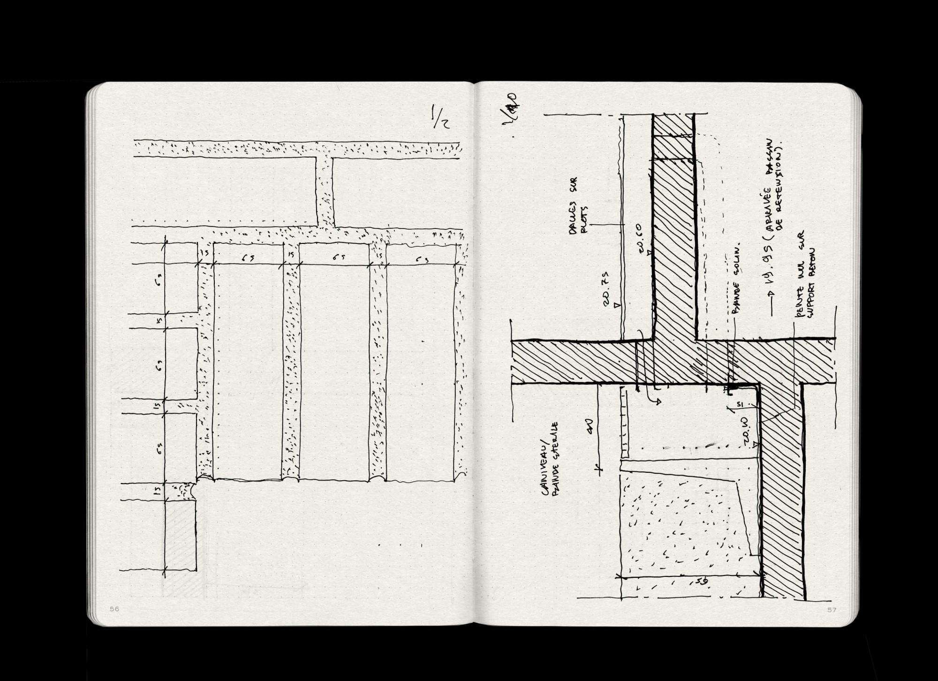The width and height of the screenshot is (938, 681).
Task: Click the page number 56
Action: coord(114,609)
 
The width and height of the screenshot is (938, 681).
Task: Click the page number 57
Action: coord(832,610)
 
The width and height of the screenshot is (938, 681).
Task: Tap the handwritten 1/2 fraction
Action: coord(440,117)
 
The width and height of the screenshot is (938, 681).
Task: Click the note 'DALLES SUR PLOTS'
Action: coord(575,206)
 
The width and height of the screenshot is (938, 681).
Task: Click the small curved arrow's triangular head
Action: coord(658,401)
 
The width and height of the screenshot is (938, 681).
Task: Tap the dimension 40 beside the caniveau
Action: coord(590,427)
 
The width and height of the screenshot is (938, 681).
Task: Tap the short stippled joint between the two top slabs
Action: coord(325,192)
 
